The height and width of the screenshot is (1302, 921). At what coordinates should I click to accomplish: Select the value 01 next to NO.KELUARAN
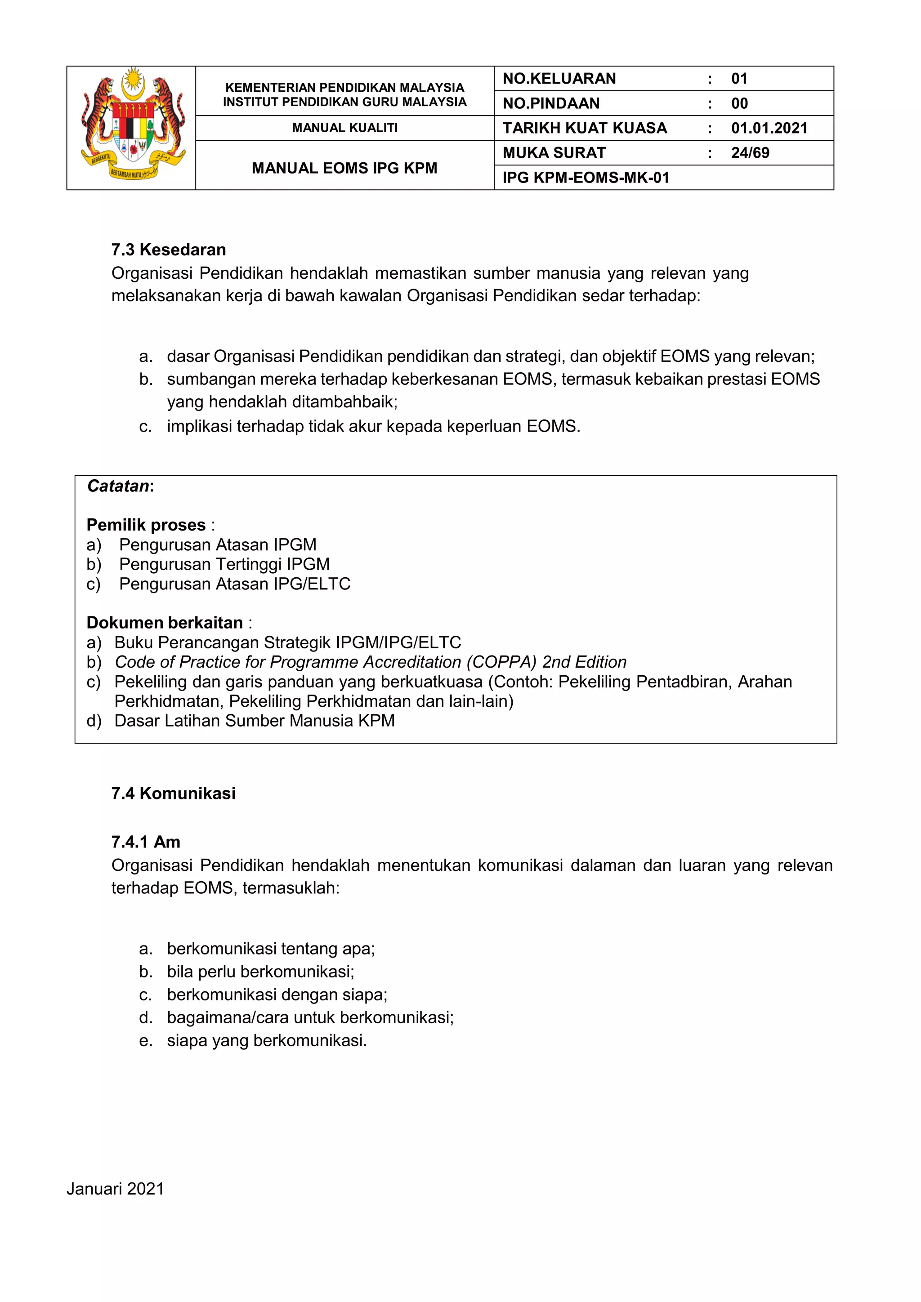[739, 79]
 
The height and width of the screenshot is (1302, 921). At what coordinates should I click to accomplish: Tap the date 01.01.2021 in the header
[769, 128]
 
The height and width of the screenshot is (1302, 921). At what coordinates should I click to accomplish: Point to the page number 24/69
[750, 153]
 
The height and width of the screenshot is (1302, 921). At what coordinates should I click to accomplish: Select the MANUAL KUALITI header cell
[345, 128]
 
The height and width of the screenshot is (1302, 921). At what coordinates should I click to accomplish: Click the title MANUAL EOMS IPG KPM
[345, 169]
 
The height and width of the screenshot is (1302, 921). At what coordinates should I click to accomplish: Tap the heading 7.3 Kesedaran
[169, 250]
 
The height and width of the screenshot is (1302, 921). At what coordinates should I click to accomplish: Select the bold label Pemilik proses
[146, 525]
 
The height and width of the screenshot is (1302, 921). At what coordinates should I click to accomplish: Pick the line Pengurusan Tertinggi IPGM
[224, 564]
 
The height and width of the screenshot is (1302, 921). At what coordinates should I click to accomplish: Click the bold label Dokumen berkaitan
[165, 623]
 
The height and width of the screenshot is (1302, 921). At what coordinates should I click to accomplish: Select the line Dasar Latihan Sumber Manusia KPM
[254, 721]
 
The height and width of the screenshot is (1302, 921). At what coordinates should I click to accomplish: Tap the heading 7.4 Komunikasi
[173, 794]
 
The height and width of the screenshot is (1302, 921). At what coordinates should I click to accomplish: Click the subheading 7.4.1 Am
[146, 842]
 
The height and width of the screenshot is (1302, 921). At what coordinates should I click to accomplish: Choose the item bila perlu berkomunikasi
[260, 972]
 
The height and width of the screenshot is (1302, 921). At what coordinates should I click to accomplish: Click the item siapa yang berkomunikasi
[267, 1041]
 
